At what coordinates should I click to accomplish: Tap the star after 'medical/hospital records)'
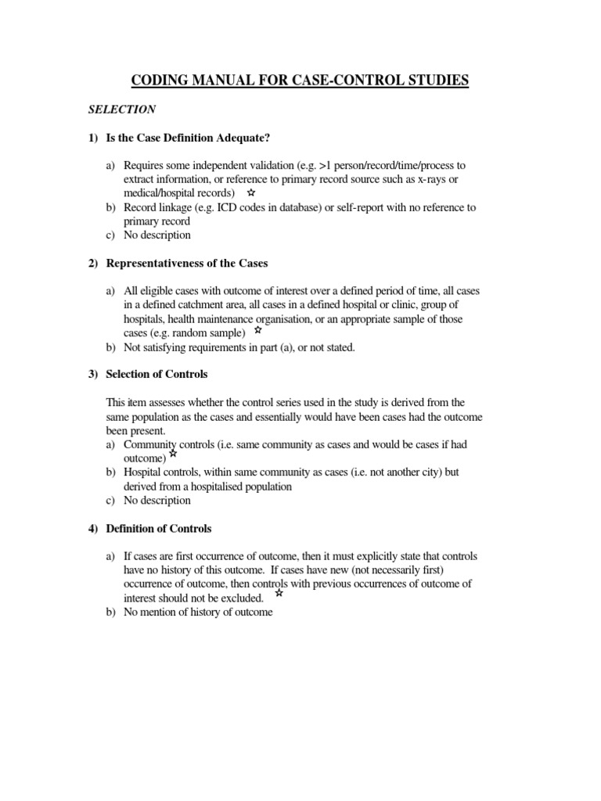pos(250,192)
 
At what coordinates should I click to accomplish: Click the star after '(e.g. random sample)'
pos(259,331)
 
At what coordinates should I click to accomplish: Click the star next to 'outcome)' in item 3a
pos(173,454)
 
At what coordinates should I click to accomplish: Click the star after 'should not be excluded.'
pos(279,594)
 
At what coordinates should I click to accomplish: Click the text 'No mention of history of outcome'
pos(198,612)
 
